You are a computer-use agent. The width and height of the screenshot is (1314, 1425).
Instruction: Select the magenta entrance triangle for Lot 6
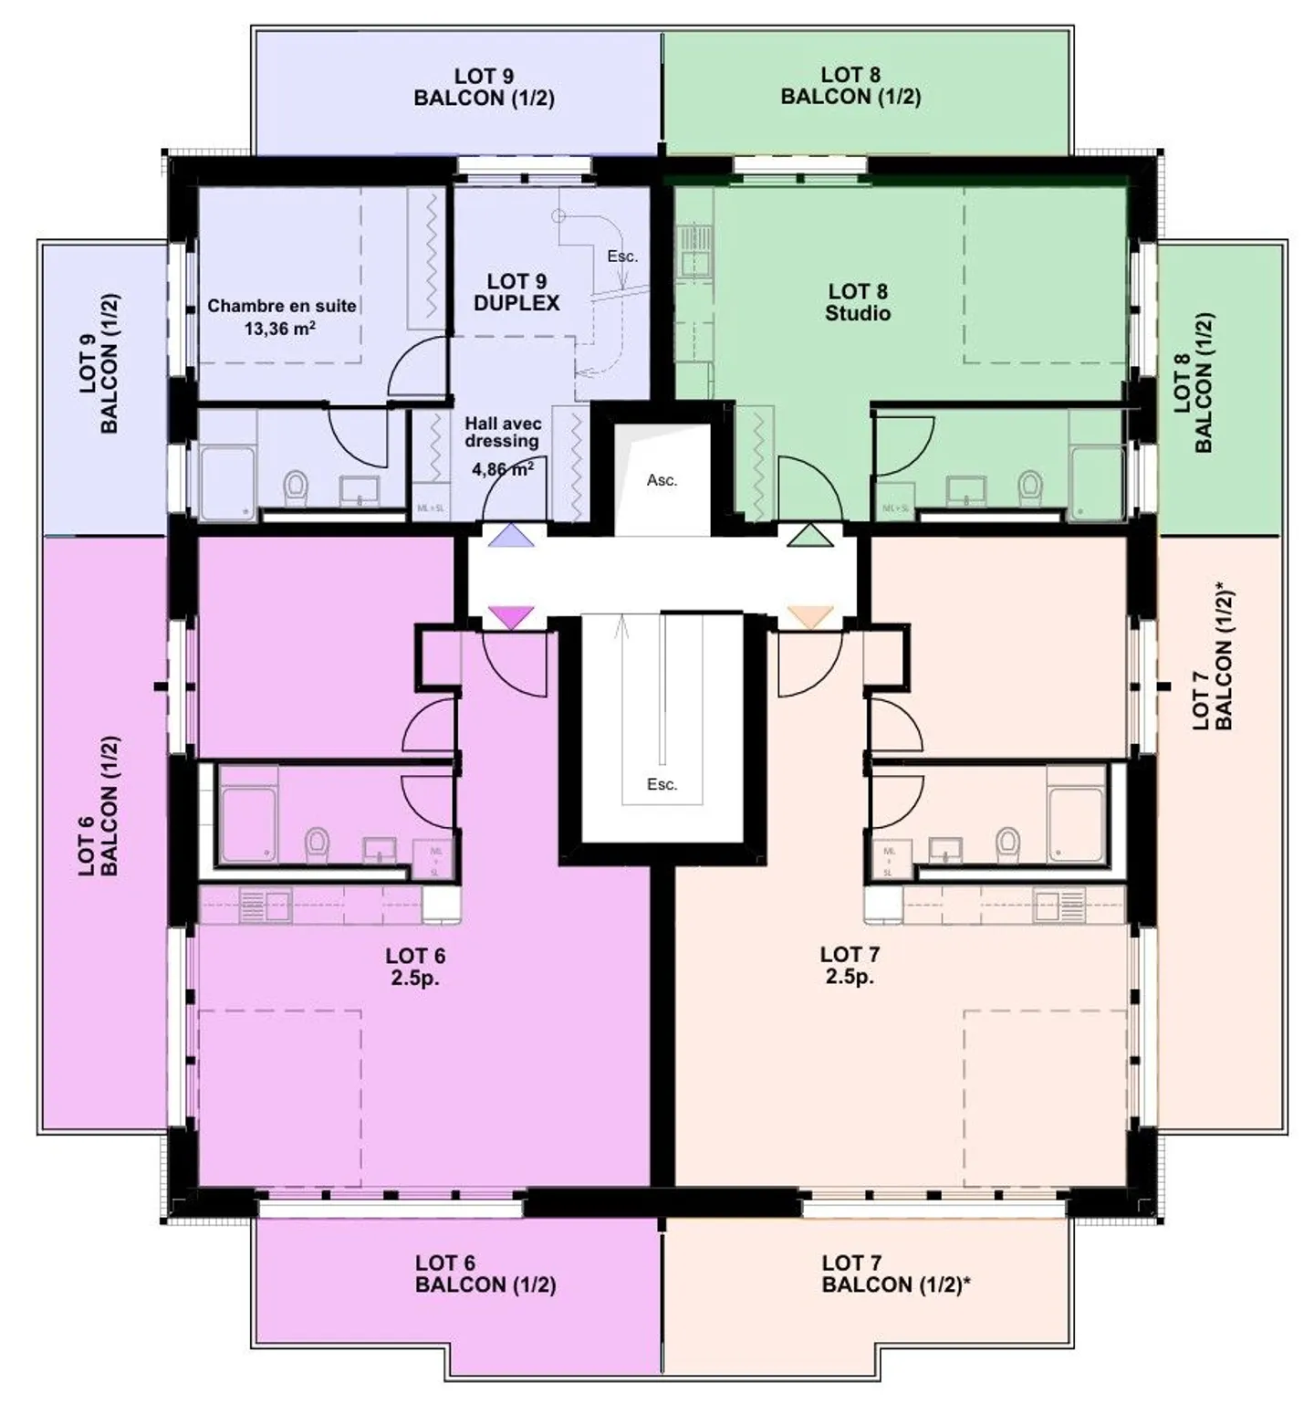[510, 618]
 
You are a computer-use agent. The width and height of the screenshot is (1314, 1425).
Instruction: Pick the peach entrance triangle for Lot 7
[810, 617]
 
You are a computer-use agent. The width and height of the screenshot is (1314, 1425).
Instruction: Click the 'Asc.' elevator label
[662, 480]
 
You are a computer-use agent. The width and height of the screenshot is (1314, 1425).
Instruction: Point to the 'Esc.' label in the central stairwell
[662, 784]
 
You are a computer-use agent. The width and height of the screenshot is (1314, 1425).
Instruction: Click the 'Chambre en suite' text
[281, 306]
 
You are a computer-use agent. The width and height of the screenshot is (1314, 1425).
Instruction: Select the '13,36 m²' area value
[279, 329]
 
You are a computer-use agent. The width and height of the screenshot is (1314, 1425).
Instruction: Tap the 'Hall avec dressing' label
[503, 433]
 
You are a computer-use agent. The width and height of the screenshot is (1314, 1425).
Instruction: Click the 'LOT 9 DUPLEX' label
[516, 292]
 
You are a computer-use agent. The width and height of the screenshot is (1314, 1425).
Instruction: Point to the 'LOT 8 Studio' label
[858, 302]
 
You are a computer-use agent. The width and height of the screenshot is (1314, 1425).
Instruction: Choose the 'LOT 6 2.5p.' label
[415, 967]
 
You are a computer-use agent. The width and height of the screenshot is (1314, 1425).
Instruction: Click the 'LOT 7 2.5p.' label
[850, 965]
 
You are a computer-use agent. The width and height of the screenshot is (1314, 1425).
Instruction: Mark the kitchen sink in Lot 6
[265, 906]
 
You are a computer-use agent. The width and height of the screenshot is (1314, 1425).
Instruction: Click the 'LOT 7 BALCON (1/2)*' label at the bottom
[895, 1274]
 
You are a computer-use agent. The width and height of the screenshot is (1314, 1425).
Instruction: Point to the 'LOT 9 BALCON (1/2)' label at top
[484, 88]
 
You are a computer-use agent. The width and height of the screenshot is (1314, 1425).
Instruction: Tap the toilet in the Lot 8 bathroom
[1030, 487]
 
